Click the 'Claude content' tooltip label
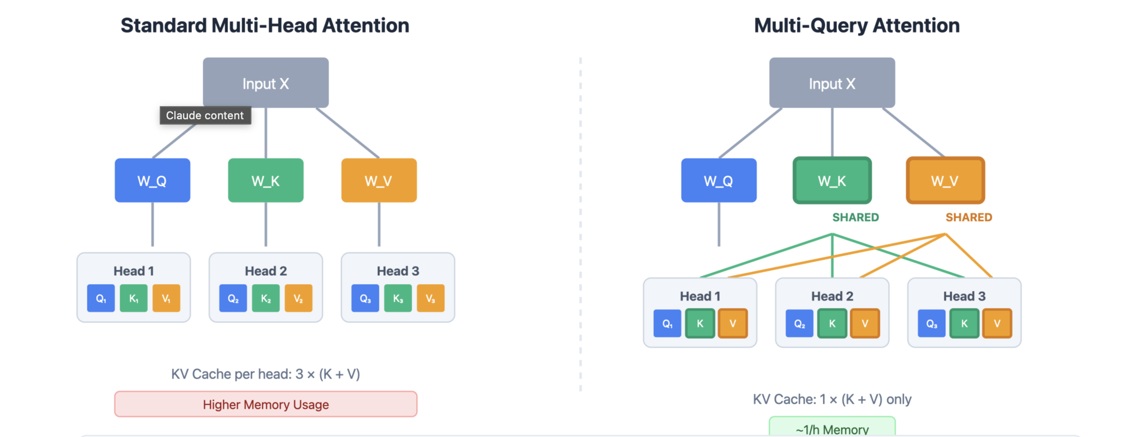click(205, 115)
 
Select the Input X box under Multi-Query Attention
click(832, 83)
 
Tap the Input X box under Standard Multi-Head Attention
click(266, 83)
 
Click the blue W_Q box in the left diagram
click(152, 180)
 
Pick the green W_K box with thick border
click(832, 180)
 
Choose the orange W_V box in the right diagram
click(945, 180)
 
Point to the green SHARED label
click(855, 217)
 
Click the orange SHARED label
click(968, 217)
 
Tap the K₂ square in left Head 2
click(266, 298)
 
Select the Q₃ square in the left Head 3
click(365, 298)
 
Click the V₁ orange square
click(166, 298)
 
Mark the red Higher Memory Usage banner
click(266, 404)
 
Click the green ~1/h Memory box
click(832, 427)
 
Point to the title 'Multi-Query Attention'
click(857, 25)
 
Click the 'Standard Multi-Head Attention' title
click(265, 25)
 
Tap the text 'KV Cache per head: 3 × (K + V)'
click(266, 374)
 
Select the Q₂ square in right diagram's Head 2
click(799, 323)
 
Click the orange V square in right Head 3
click(997, 323)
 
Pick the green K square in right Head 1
click(700, 323)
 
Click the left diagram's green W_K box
click(266, 180)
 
